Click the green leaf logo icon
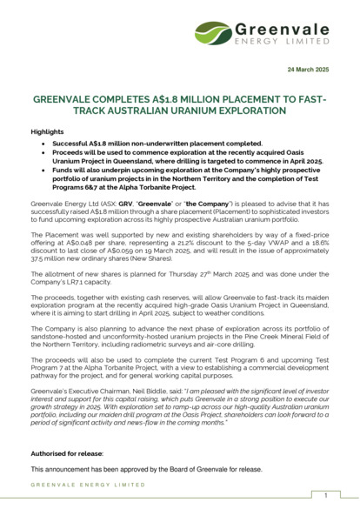tap(214, 34)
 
